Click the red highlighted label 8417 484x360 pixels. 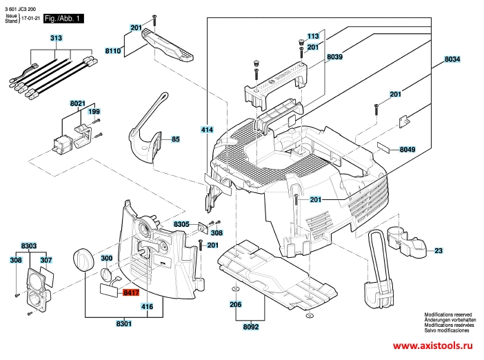[x=130, y=293]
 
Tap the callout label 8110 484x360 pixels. [x=113, y=51]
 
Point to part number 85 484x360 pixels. [x=175, y=139]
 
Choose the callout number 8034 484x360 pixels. [x=452, y=60]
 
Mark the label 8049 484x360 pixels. [x=407, y=149]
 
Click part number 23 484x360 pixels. [x=438, y=250]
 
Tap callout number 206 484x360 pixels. [x=235, y=303]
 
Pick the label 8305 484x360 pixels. [x=181, y=225]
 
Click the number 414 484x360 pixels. [x=207, y=129]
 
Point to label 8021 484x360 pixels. [x=77, y=103]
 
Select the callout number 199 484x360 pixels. [x=94, y=111]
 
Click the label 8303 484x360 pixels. [x=29, y=246]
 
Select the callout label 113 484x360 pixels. [x=313, y=36]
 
